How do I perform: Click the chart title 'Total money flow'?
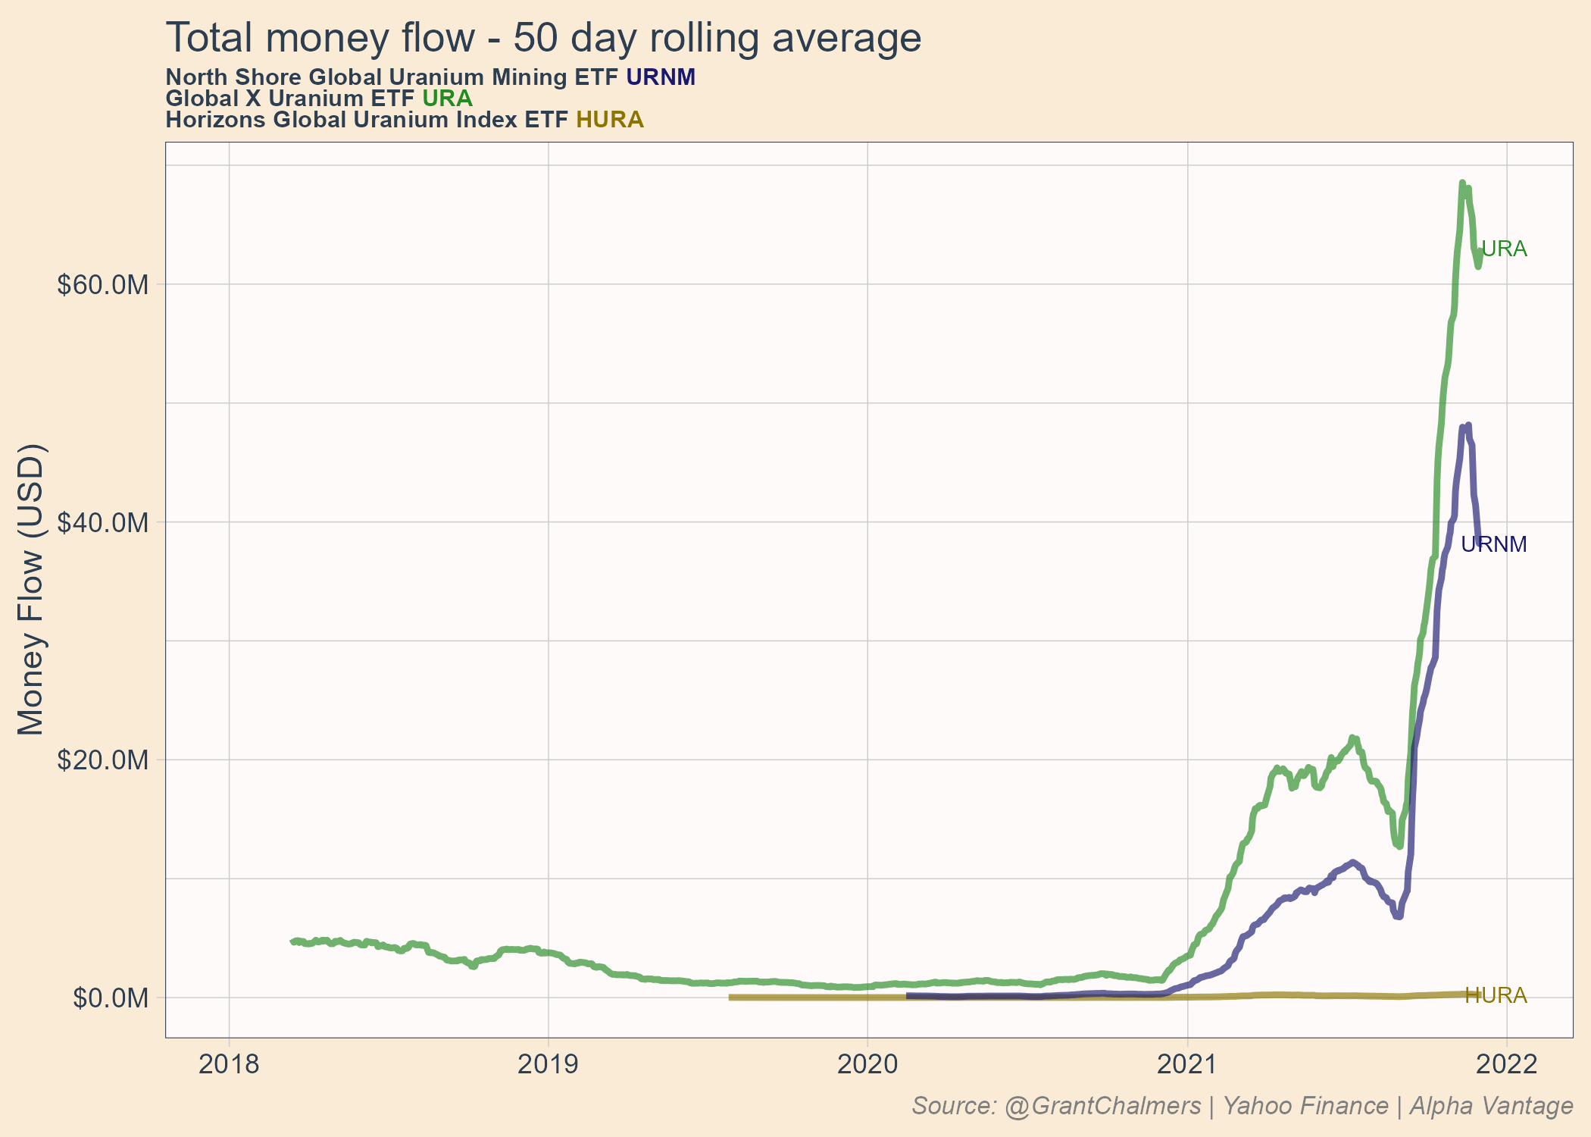point(542,38)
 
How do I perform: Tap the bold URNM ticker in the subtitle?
point(661,77)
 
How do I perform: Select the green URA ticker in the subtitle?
point(447,99)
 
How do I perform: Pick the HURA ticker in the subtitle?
point(610,120)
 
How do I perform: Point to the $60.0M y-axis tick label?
point(102,285)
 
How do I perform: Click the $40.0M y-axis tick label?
point(102,523)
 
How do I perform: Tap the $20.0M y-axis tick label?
point(102,760)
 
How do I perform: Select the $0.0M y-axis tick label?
point(111,998)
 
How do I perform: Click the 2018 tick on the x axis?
point(229,1064)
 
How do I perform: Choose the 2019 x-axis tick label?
point(548,1064)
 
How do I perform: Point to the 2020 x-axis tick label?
point(867,1064)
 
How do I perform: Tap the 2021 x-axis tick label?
point(1187,1064)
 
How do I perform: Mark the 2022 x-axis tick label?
point(1507,1064)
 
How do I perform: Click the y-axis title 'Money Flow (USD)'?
point(32,589)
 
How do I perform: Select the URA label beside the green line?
point(1504,249)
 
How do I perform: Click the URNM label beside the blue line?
point(1493,544)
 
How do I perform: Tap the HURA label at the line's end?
point(1496,995)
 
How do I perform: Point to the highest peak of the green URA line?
point(1461,183)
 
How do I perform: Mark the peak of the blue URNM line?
point(1468,425)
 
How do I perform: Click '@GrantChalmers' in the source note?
point(1102,1106)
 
